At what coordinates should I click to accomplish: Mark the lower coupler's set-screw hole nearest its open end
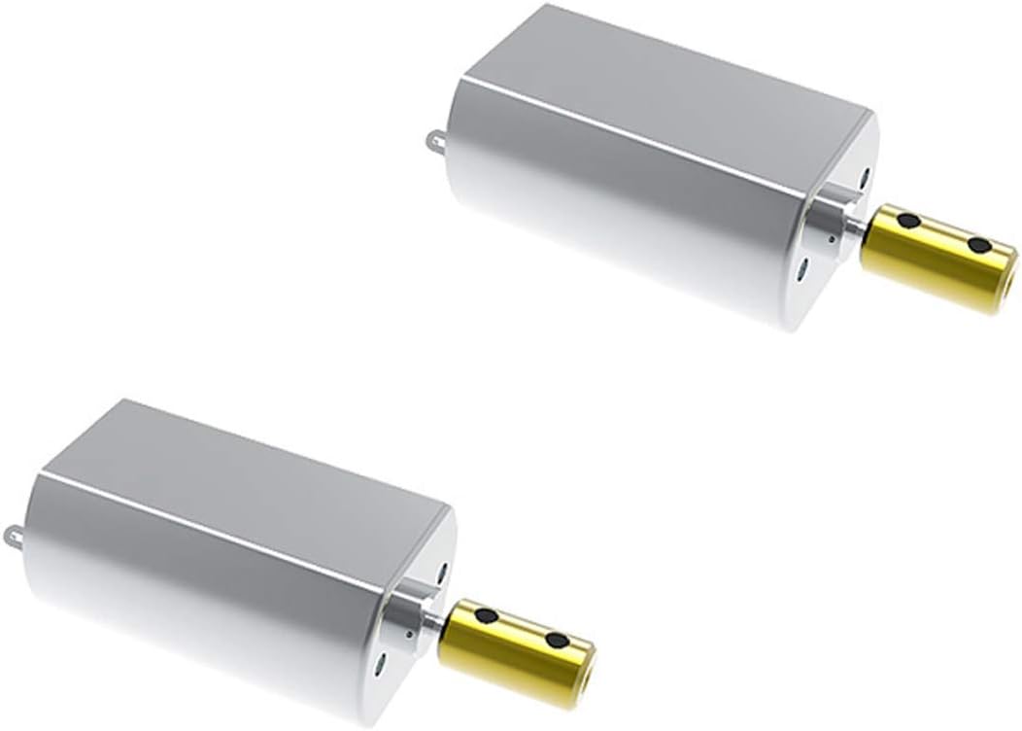pyautogui.click(x=556, y=641)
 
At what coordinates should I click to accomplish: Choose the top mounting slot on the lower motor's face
pyautogui.click(x=441, y=567)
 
